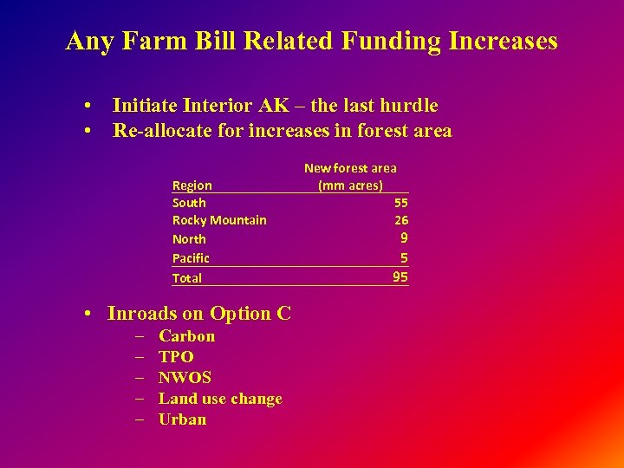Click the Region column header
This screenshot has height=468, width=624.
tap(192, 185)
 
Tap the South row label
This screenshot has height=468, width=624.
tap(189, 202)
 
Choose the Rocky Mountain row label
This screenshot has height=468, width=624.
tap(219, 220)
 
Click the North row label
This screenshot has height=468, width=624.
tap(189, 239)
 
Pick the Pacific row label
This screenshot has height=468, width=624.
tap(191, 258)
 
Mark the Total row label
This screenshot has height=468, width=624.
tap(187, 278)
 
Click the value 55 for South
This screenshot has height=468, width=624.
tap(401, 202)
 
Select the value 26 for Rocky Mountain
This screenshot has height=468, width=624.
tap(401, 220)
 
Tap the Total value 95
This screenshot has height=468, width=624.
tap(400, 277)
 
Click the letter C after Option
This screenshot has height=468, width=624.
tap(283, 314)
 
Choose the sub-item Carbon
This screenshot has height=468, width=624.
tap(186, 336)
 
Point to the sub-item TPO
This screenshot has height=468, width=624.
tap(176, 357)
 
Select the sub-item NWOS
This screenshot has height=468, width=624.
tap(185, 378)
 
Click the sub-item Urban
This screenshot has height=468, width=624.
tap(182, 419)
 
